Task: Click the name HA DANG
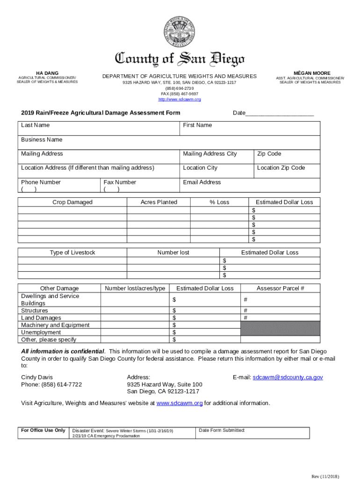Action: click(47, 73)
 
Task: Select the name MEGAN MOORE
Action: click(312, 73)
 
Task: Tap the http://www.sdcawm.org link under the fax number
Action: click(180, 100)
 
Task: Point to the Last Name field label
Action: click(36, 125)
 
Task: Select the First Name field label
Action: click(197, 125)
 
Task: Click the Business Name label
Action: click(42, 140)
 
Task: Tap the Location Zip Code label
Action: click(281, 168)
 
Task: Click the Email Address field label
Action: click(202, 182)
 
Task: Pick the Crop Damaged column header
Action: click(72, 202)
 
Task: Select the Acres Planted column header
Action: click(159, 202)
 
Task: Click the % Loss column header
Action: click(219, 202)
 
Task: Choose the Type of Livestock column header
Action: click(72, 253)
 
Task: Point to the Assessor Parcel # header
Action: click(280, 288)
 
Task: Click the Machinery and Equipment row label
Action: click(55, 325)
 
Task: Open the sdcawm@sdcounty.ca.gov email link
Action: click(288, 377)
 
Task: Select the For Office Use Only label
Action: click(43, 430)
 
